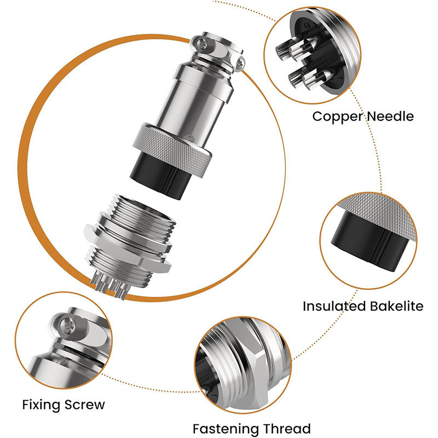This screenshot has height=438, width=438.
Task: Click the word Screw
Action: tap(85, 405)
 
